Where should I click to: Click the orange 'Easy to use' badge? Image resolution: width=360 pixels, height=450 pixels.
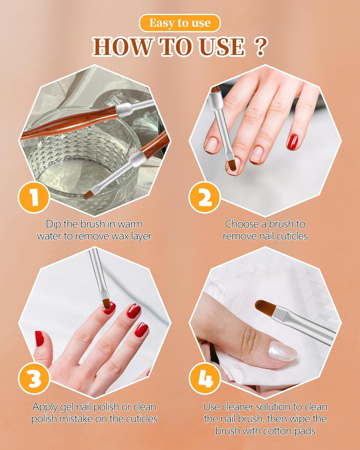coord(180,23)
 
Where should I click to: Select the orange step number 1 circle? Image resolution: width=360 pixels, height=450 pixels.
coord(34,196)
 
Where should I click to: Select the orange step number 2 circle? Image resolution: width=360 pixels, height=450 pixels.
coord(205,197)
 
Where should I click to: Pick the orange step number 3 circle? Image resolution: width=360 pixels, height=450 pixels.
coord(34,379)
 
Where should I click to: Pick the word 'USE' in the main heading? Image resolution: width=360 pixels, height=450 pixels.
coord(222,47)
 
